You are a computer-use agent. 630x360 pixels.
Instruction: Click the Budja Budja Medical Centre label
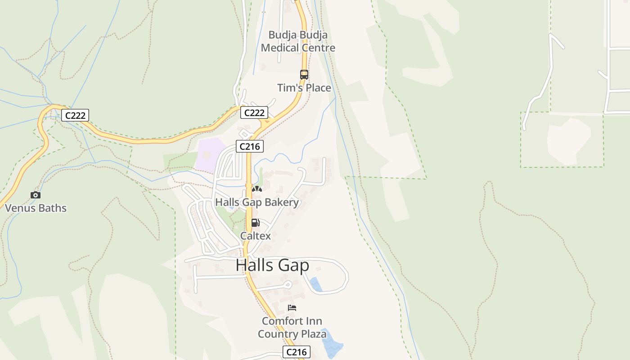[298, 41]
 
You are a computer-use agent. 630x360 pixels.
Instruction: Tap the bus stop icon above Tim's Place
[304, 75]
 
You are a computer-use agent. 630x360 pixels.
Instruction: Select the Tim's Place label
[304, 88]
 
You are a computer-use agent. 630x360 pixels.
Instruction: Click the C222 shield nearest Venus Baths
[75, 116]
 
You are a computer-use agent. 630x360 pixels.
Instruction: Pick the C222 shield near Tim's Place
[254, 112]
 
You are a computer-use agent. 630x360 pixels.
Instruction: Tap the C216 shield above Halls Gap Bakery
[250, 146]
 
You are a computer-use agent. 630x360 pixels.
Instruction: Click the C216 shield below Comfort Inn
[297, 352]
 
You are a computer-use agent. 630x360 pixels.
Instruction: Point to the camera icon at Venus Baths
[36, 195]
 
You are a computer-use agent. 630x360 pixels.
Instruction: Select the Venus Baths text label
[36, 208]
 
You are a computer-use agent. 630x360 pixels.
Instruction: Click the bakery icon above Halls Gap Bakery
[257, 189]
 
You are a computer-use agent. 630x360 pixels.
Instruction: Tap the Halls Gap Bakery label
[257, 202]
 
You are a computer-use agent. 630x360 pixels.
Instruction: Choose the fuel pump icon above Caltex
[255, 223]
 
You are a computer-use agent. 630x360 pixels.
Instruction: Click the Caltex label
[256, 236]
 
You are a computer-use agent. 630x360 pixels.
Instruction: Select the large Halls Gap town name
[272, 265]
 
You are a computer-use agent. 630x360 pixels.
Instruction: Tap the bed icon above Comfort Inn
[292, 308]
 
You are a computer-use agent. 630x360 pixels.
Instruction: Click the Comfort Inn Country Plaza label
[292, 328]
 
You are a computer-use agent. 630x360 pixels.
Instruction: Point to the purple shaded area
[210, 154]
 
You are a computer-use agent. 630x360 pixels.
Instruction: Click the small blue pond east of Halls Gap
[316, 285]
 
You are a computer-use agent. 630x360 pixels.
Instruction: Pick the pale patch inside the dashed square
[568, 141]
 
